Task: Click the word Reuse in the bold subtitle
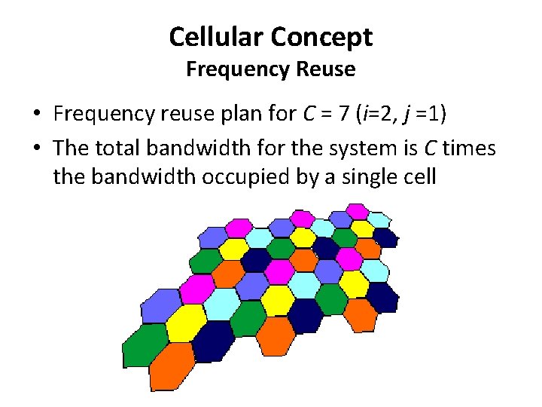click(x=326, y=69)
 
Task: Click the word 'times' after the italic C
click(x=469, y=148)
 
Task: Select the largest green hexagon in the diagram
click(x=145, y=344)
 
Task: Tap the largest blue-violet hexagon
click(x=161, y=308)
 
